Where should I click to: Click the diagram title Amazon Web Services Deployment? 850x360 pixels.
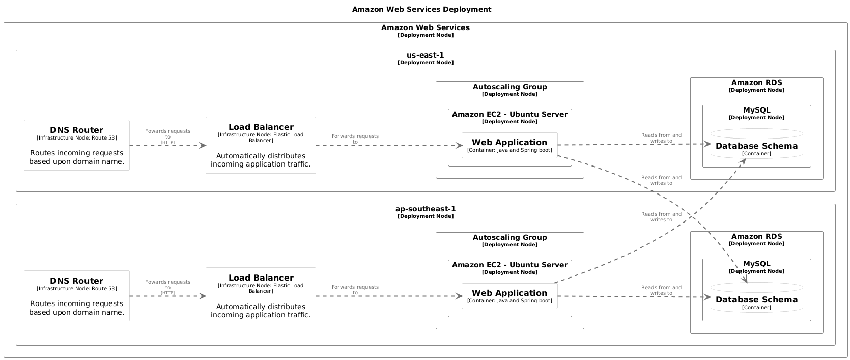pyautogui.click(x=421, y=9)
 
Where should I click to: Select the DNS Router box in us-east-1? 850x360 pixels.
pyautogui.click(x=77, y=145)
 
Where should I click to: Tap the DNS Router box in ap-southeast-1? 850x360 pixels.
pyautogui.click(x=77, y=296)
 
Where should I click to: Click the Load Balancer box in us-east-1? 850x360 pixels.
pyautogui.click(x=261, y=145)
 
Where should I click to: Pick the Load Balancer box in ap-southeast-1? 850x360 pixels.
pyautogui.click(x=261, y=296)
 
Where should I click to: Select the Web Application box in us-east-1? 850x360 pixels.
pyautogui.click(x=509, y=145)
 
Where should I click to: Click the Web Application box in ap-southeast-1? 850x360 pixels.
pyautogui.click(x=509, y=296)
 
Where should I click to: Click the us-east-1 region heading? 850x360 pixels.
pyautogui.click(x=425, y=56)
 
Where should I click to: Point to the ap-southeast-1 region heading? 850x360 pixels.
pyautogui.click(x=425, y=209)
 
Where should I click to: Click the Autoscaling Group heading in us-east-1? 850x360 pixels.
pyautogui.click(x=509, y=87)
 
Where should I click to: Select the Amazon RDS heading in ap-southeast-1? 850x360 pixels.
pyautogui.click(x=756, y=237)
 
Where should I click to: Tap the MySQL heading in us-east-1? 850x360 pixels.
pyautogui.click(x=756, y=110)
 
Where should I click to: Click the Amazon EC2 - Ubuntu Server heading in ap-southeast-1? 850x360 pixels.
pyautogui.click(x=509, y=265)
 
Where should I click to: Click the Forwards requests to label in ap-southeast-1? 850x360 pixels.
pyautogui.click(x=355, y=290)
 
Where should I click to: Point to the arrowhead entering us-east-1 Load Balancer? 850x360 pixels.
pyautogui.click(x=203, y=146)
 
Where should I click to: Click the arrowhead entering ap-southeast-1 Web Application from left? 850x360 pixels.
pyautogui.click(x=459, y=296)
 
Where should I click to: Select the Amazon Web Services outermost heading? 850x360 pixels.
pyautogui.click(x=425, y=28)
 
